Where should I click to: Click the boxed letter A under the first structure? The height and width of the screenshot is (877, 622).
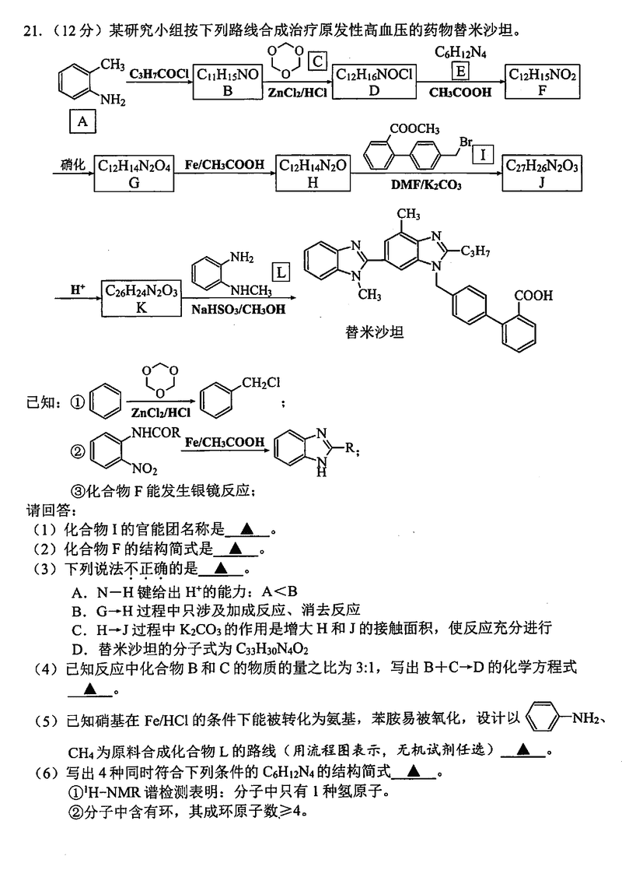pyautogui.click(x=82, y=121)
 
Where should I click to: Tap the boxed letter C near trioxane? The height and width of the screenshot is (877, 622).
pyautogui.click(x=316, y=61)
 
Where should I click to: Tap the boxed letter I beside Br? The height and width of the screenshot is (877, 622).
pyautogui.click(x=483, y=155)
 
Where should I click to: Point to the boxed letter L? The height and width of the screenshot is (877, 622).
pyautogui.click(x=281, y=273)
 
